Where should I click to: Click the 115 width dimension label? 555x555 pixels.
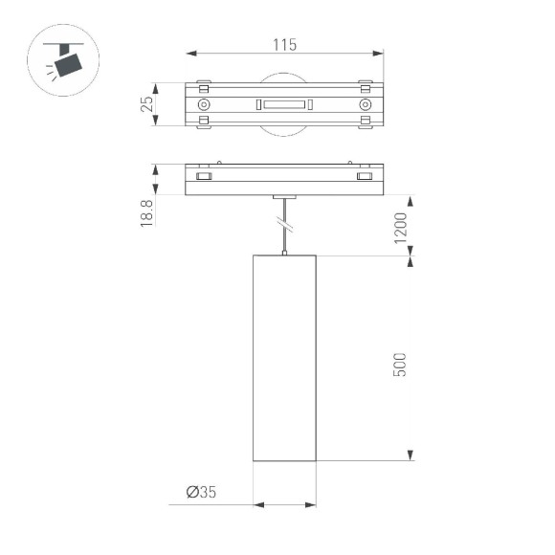click(x=284, y=44)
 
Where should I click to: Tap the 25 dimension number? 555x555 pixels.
click(x=147, y=103)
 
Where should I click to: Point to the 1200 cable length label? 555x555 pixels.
click(x=401, y=227)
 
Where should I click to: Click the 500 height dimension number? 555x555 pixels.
click(x=401, y=365)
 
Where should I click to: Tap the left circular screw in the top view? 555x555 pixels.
click(x=204, y=103)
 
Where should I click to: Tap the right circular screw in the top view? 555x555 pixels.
click(x=365, y=103)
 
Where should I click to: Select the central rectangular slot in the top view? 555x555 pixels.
click(x=284, y=103)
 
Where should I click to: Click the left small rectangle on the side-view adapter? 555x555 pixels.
click(x=204, y=177)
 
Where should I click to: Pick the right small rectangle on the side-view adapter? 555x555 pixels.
click(x=365, y=177)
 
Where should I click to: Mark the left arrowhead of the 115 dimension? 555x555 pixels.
click(x=189, y=55)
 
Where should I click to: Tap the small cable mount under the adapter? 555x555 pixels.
click(x=284, y=198)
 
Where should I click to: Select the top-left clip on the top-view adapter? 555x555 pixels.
click(x=203, y=83)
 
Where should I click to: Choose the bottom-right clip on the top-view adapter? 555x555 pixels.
click(x=365, y=122)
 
